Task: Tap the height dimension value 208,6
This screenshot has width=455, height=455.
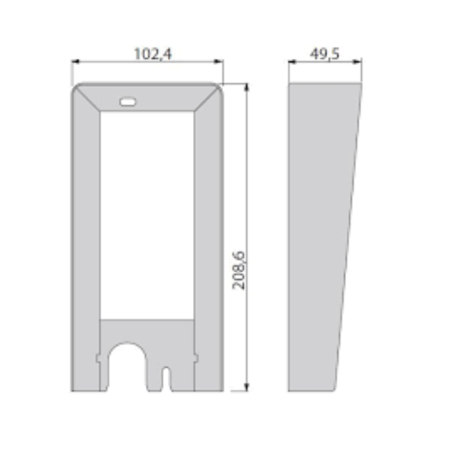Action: [x=240, y=270]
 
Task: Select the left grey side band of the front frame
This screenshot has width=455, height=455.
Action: [x=86, y=235]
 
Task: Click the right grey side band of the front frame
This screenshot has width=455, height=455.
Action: [x=208, y=235]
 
